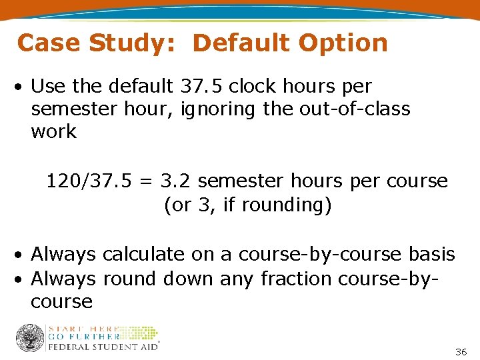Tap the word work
click(54, 131)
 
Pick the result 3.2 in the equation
click(178, 181)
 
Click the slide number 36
click(461, 351)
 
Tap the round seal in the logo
click(29, 337)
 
